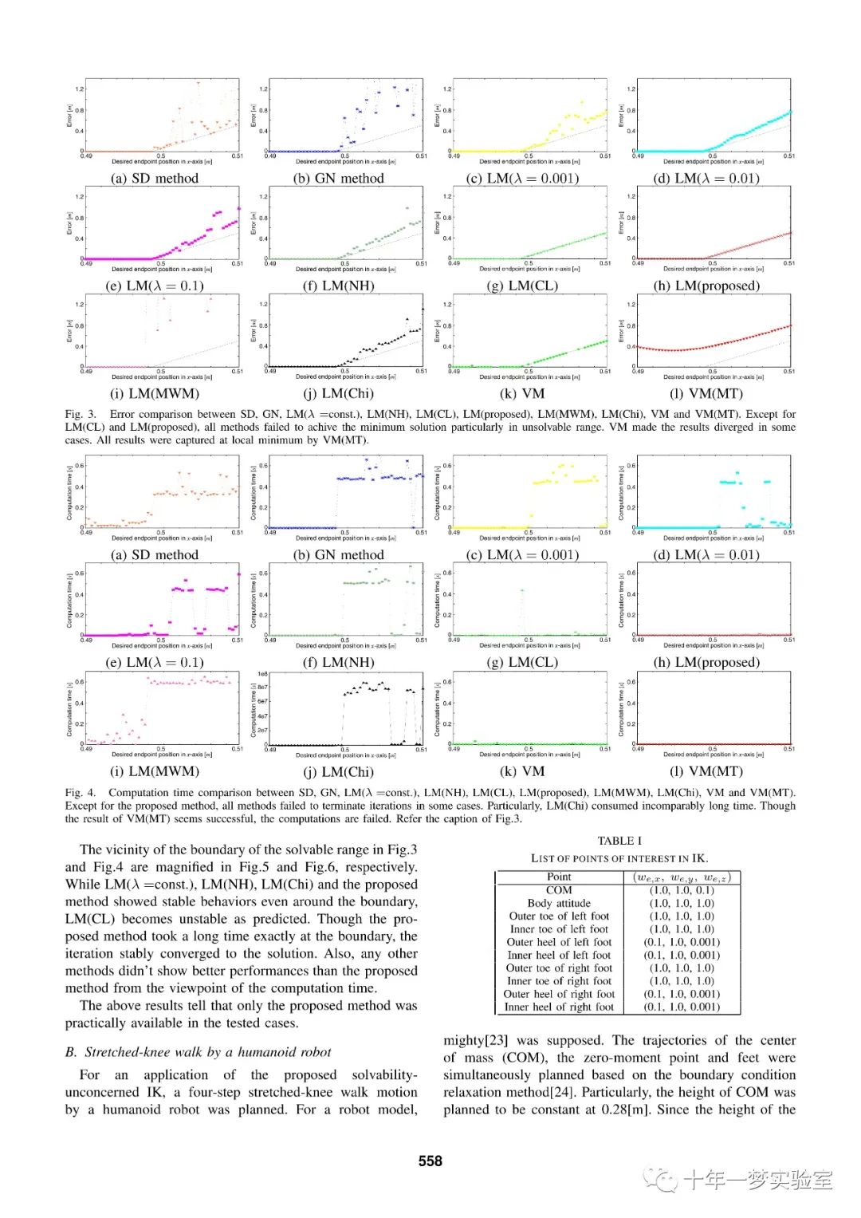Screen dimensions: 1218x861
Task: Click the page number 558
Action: pos(430,1161)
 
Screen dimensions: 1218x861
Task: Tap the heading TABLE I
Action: pos(619,841)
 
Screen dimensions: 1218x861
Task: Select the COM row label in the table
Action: pos(559,890)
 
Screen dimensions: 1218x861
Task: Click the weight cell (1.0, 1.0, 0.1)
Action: pos(682,890)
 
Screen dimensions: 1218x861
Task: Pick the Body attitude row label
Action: pos(559,903)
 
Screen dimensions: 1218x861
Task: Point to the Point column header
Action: pos(559,877)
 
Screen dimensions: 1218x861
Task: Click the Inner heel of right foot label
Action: pos(559,1007)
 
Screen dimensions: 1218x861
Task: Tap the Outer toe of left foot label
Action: pos(559,916)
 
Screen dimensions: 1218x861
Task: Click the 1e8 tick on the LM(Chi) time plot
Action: pos(262,674)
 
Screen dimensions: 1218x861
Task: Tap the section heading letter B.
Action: pos(70,1052)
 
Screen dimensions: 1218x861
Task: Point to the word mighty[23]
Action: pos(476,1040)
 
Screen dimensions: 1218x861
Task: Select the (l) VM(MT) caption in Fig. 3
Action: pos(706,393)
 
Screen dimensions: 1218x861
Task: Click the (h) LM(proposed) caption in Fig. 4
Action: pos(706,662)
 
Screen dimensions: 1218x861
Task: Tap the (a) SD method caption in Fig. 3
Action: pos(155,179)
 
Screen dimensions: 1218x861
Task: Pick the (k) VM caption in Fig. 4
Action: pos(522,771)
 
